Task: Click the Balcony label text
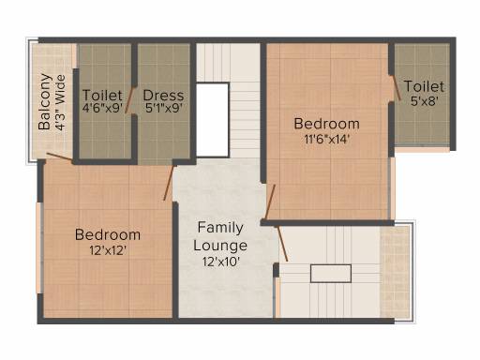coord(45,101)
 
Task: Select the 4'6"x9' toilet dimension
coord(102,108)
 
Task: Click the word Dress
coord(163,96)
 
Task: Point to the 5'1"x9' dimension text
coord(164,108)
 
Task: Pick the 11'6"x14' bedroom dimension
coord(326,139)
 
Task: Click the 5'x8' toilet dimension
coord(424,100)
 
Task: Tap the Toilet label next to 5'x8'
coord(424,86)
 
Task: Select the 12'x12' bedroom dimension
coord(108,250)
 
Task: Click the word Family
coord(220,228)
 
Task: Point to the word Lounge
coord(220,246)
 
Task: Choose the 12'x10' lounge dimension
coord(221,262)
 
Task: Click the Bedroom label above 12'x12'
coord(108,235)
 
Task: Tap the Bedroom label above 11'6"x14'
coord(326,124)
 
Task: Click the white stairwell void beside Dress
coord(213,120)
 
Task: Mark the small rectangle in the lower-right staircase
coord(331,274)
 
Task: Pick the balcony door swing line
coord(59,157)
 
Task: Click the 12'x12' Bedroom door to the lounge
coord(168,183)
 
